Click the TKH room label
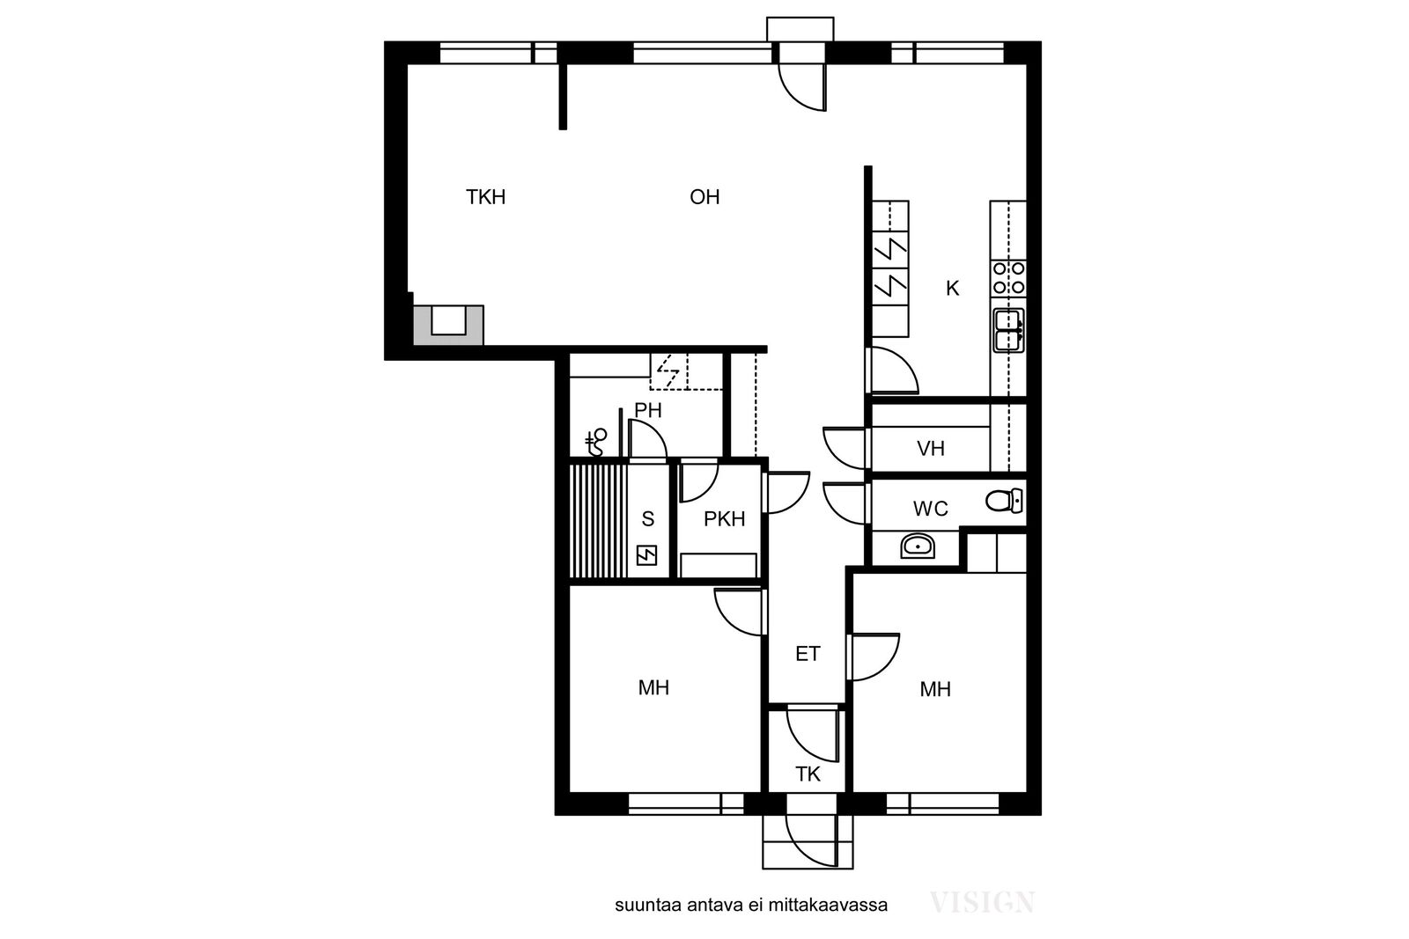point(485,197)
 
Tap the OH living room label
point(704,197)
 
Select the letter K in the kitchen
point(952,289)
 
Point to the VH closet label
point(930,448)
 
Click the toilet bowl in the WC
point(1004,501)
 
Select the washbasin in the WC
point(918,547)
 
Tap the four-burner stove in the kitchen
point(1008,278)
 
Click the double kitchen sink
point(1008,330)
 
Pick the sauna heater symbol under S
point(646,555)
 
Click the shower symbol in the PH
point(595,443)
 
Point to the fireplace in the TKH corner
point(448,325)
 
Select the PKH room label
point(724,519)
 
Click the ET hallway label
point(808,654)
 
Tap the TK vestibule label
point(808,774)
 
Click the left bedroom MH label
point(653,688)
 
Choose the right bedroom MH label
point(934,689)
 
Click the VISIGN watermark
point(982,903)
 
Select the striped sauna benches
point(598,521)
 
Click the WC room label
point(930,509)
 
